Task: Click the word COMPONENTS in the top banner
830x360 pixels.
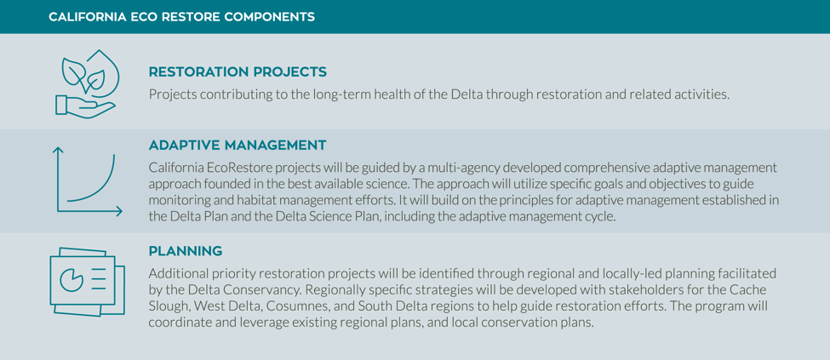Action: (x=270, y=17)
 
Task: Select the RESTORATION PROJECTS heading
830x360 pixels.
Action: (x=238, y=72)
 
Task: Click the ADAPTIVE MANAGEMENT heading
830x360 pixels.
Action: (x=238, y=145)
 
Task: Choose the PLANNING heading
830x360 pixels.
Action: (x=186, y=251)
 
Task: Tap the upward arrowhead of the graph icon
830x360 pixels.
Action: (x=58, y=151)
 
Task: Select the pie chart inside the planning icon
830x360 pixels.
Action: (x=72, y=279)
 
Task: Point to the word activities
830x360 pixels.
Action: (x=705, y=95)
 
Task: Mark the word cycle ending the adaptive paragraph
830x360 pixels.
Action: (x=604, y=218)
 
